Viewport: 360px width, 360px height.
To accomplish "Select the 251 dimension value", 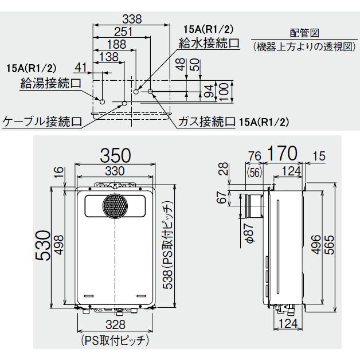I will (123, 32).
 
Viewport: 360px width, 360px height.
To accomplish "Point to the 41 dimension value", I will (80, 69).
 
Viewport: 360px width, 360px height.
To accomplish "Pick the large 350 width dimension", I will (116, 156).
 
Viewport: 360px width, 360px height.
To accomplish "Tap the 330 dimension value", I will (116, 171).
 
